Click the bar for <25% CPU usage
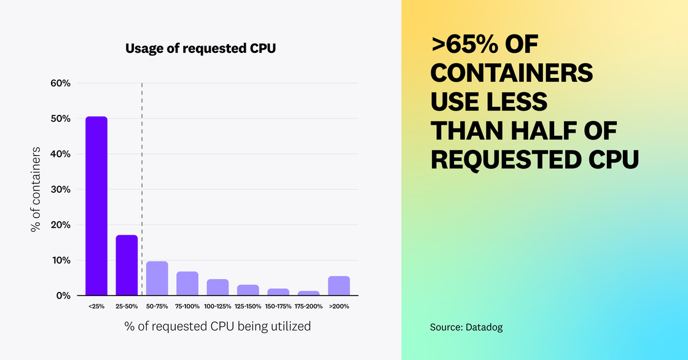[96, 206]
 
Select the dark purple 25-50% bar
[127, 265]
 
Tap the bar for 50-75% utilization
[157, 278]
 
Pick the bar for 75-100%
[187, 283]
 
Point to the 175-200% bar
[308, 293]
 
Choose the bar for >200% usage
[339, 286]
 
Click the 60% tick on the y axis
[60, 83]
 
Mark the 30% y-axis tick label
[60, 189]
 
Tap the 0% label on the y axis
[63, 295]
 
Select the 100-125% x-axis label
[217, 305]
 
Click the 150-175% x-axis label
[278, 305]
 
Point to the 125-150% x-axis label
[248, 305]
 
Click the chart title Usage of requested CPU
[201, 48]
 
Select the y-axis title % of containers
[36, 189]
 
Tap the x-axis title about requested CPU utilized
[217, 326]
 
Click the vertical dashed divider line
[142, 184]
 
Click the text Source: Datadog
[466, 327]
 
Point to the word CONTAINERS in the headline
[511, 74]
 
